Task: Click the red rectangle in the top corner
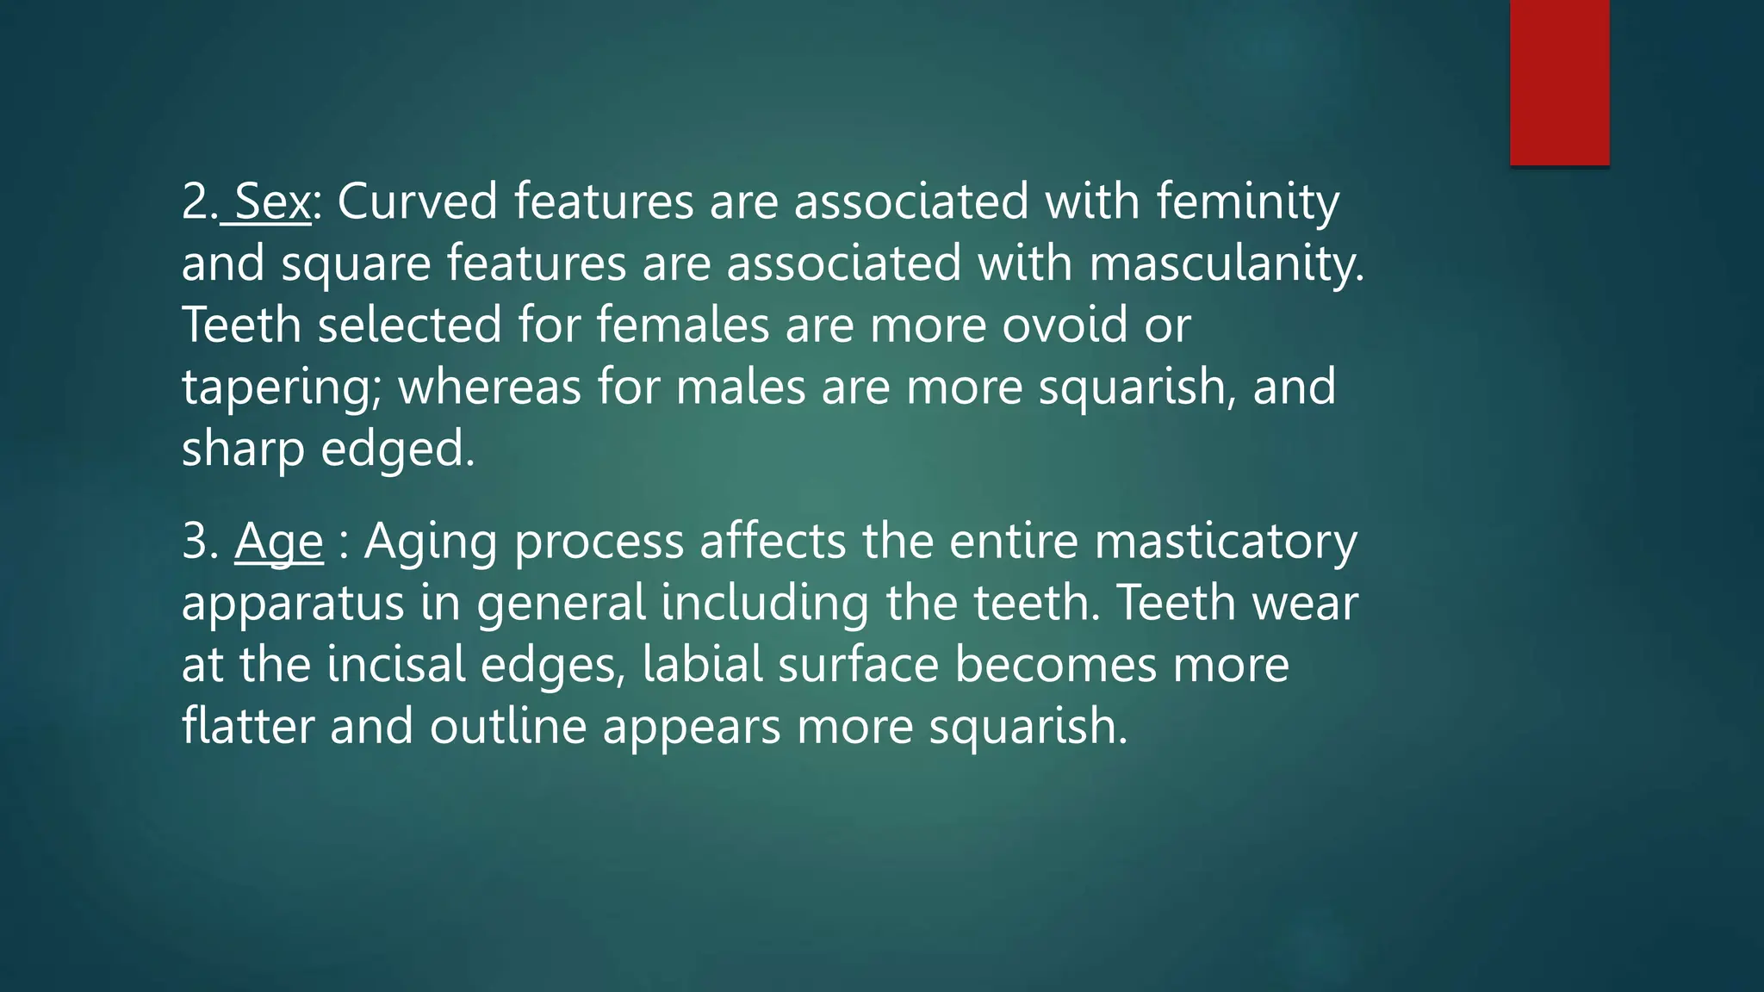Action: (x=1559, y=82)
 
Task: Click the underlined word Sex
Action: (x=271, y=201)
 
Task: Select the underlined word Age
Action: (x=278, y=542)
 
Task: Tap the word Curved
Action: (x=417, y=201)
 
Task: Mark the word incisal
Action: (x=396, y=666)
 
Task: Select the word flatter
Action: (x=248, y=727)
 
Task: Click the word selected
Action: (x=409, y=325)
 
